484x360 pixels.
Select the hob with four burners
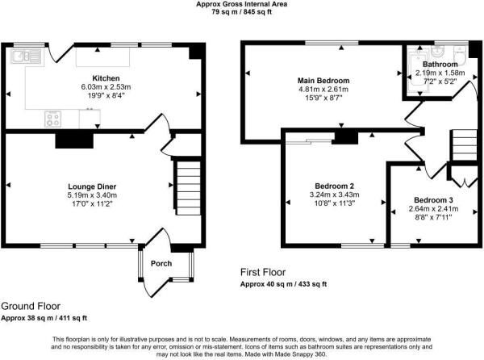(54, 118)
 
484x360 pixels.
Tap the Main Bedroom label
(323, 82)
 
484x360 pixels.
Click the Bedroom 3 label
(434, 199)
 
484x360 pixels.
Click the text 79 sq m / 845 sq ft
(242, 13)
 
